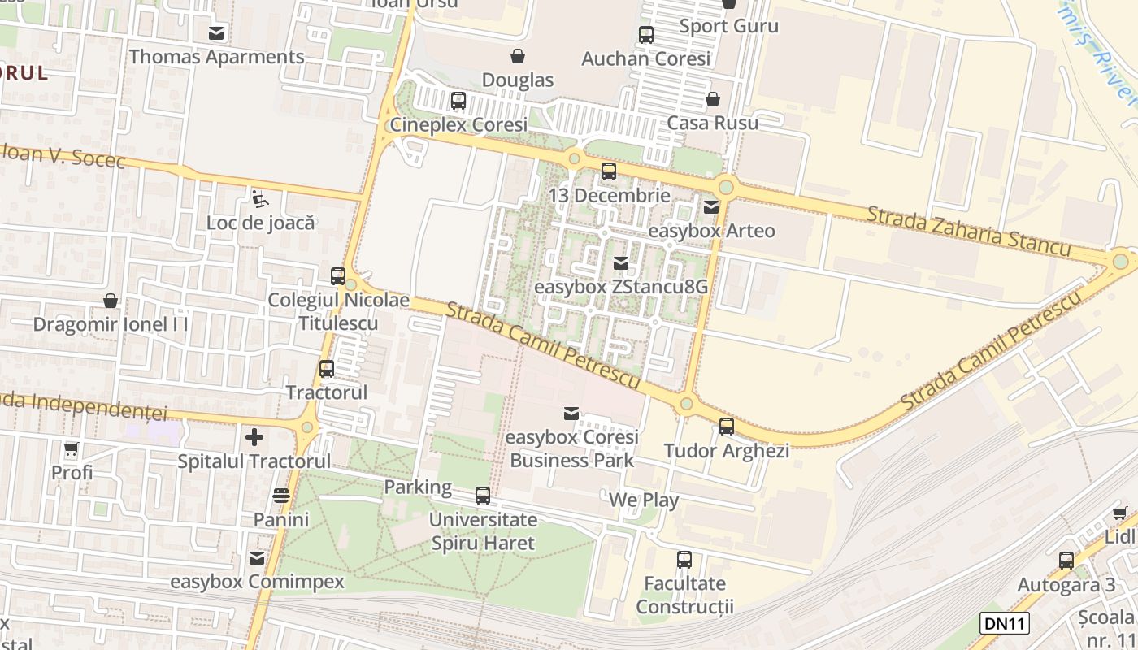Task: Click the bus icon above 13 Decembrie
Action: tap(609, 171)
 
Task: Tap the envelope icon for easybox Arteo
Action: tap(712, 206)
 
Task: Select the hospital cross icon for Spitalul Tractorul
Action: tap(254, 437)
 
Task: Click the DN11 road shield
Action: tap(1005, 623)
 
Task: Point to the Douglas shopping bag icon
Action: tap(517, 56)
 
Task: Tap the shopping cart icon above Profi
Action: tap(72, 448)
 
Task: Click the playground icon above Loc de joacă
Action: tap(259, 198)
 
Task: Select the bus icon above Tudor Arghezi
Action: tap(727, 426)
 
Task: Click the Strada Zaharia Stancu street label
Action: tap(968, 232)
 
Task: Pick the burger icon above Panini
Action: tap(281, 495)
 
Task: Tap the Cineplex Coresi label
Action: tap(458, 124)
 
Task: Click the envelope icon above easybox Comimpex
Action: tap(257, 558)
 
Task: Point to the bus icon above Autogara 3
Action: tap(1066, 560)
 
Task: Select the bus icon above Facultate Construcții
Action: tap(684, 559)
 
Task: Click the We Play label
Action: tap(644, 500)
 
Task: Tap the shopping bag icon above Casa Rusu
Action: tap(713, 99)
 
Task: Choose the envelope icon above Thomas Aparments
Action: tap(216, 33)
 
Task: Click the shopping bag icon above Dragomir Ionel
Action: tap(111, 301)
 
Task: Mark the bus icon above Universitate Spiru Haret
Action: tap(483, 495)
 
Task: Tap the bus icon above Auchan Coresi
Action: tap(646, 35)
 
